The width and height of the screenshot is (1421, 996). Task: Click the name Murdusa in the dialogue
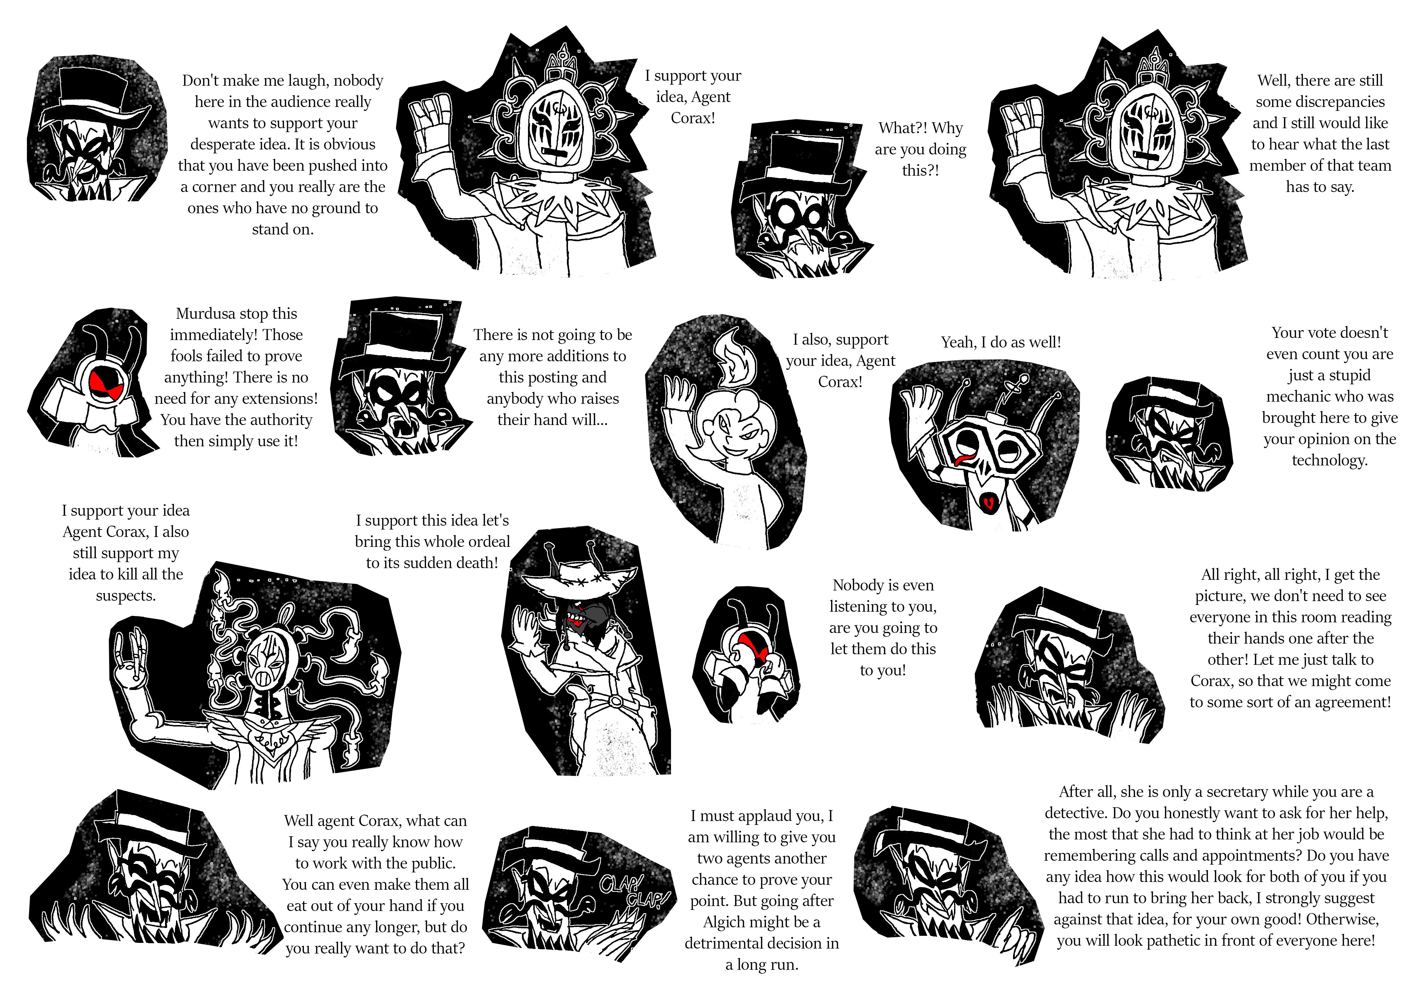pyautogui.click(x=202, y=314)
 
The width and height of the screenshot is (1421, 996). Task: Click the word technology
pyautogui.click(x=1329, y=460)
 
